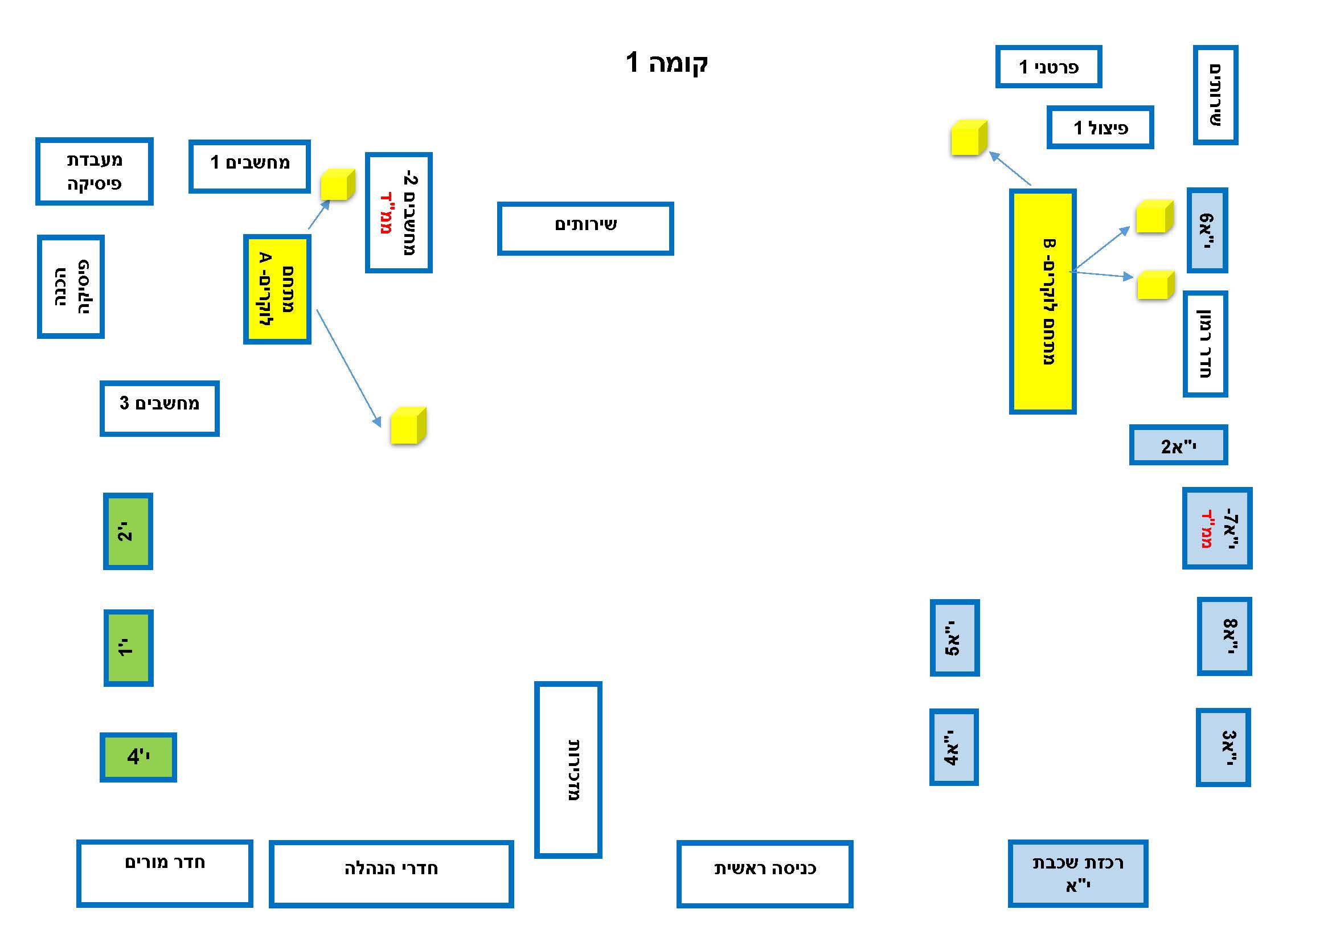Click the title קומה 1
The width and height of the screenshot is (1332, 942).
[x=667, y=62]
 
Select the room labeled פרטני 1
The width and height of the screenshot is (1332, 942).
[x=1048, y=67]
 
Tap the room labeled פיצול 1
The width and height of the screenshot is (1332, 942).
[x=1100, y=128]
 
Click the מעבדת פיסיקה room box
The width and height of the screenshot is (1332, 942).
[x=94, y=171]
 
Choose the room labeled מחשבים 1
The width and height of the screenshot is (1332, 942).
[x=249, y=166]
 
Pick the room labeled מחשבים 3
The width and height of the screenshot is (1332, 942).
[x=159, y=408]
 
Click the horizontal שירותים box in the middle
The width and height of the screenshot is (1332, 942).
[x=585, y=228]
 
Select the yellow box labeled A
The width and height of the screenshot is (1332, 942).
[x=277, y=289]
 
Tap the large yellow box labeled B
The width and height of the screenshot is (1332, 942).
[x=1043, y=302]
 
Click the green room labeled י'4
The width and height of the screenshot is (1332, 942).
[x=138, y=757]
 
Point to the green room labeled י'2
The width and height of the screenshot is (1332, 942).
[x=128, y=531]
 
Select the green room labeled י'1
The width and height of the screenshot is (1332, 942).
[x=128, y=648]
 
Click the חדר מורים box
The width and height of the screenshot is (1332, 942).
[x=165, y=873]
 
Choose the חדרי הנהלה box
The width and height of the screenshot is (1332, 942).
[x=391, y=874]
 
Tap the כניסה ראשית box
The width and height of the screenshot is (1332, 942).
[x=765, y=874]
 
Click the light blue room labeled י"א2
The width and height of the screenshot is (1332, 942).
[x=1178, y=445]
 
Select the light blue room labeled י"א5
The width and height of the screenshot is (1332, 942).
[x=954, y=638]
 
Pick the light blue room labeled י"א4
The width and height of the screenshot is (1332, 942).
[x=954, y=747]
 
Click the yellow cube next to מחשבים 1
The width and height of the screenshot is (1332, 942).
[x=338, y=185]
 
